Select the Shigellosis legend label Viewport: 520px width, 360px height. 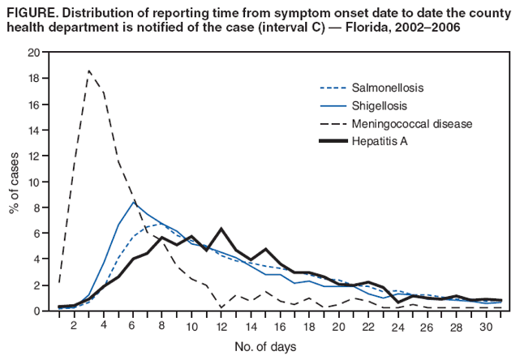pyautogui.click(x=385, y=105)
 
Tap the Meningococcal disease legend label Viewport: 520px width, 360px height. pyautogui.click(x=413, y=123)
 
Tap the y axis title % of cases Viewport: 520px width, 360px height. pyautogui.click(x=14, y=183)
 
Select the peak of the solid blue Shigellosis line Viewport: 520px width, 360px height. pyautogui.click(x=134, y=201)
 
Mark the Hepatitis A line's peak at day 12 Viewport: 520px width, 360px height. pyautogui.click(x=221, y=229)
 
